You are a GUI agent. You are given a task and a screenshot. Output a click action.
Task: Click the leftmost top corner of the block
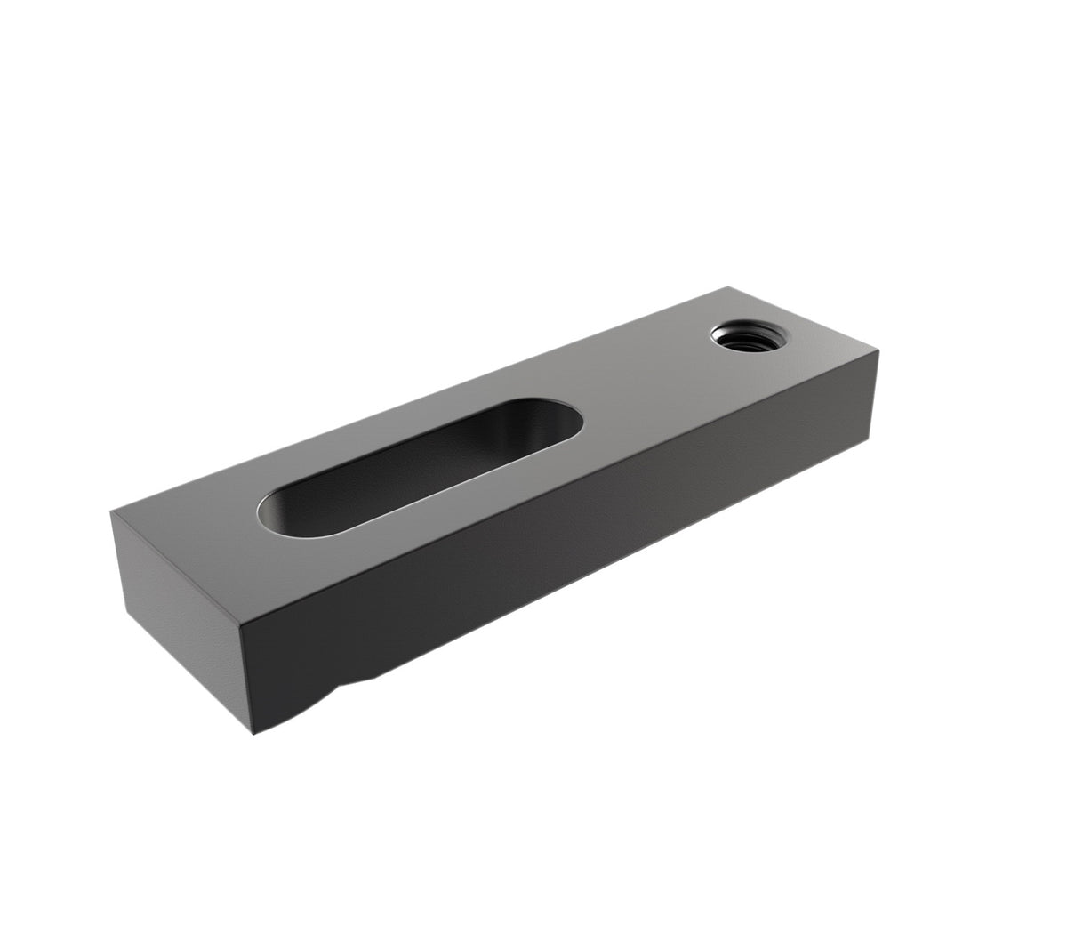pyautogui.click(x=113, y=513)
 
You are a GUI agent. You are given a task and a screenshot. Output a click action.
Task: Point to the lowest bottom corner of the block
pyautogui.click(x=254, y=734)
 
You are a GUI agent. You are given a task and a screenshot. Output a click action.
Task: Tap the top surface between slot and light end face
pyautogui.click(x=205, y=543)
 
